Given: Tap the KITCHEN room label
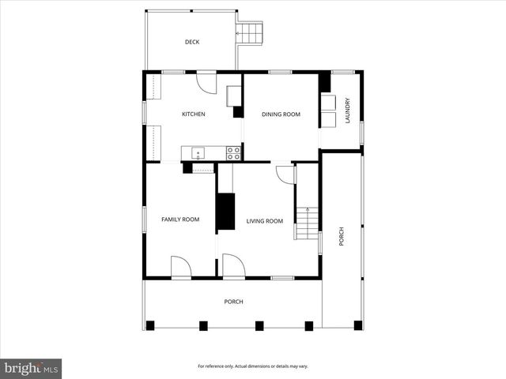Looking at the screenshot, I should pos(194,114).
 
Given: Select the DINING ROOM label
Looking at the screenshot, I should pos(281,114).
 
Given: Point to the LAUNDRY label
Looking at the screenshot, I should pos(346,111).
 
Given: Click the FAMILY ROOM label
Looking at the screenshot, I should pos(180,219).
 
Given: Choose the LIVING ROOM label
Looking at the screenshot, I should pos(264,221).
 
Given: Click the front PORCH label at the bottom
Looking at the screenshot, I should pos(233,302).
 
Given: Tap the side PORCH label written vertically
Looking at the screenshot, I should pos(342,237).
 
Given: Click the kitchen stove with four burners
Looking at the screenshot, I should pos(233,153).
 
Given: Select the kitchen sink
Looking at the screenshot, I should pos(198,153).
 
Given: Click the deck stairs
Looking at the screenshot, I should pos(250,33).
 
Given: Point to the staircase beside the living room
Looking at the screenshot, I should pos(307,223).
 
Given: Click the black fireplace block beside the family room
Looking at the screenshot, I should pos(226,211).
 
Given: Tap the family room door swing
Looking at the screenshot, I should pos(181,267).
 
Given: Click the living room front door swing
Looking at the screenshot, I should pos(233,265).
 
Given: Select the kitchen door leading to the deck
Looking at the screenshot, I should pos(206,82).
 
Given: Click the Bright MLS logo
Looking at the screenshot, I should pos(32,368).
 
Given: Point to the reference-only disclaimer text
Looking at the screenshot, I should pos(253,366).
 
